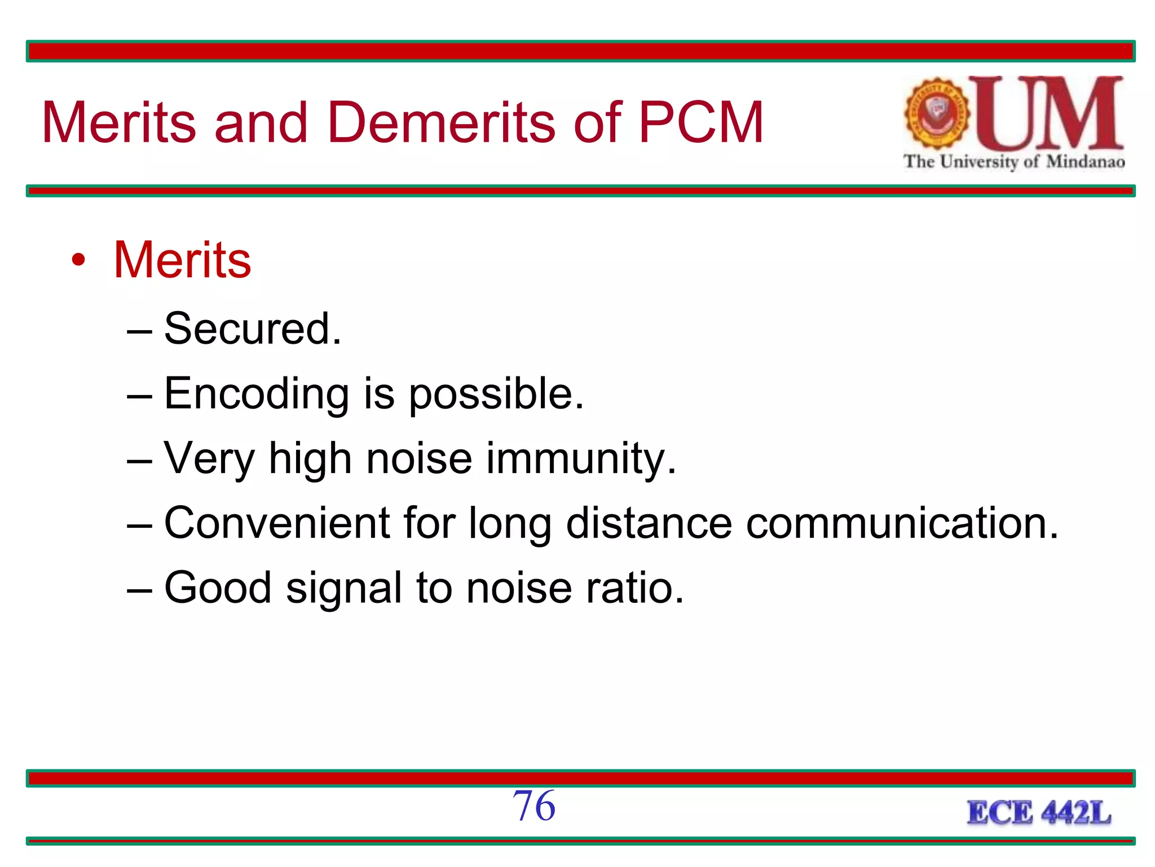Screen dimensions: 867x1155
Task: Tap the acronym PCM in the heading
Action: click(701, 122)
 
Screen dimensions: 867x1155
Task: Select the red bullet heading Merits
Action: click(182, 260)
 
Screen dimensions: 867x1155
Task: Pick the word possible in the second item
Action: click(496, 395)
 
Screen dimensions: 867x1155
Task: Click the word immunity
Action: click(581, 459)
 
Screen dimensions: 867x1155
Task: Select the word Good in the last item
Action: click(218, 588)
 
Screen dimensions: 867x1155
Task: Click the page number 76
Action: click(534, 806)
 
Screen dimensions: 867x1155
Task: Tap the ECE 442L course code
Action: click(1039, 813)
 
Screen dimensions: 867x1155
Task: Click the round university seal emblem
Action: click(937, 113)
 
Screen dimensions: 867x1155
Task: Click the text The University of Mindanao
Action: click(1014, 162)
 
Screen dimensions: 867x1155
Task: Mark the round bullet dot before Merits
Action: click(78, 260)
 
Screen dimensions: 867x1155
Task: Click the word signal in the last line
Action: click(344, 589)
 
